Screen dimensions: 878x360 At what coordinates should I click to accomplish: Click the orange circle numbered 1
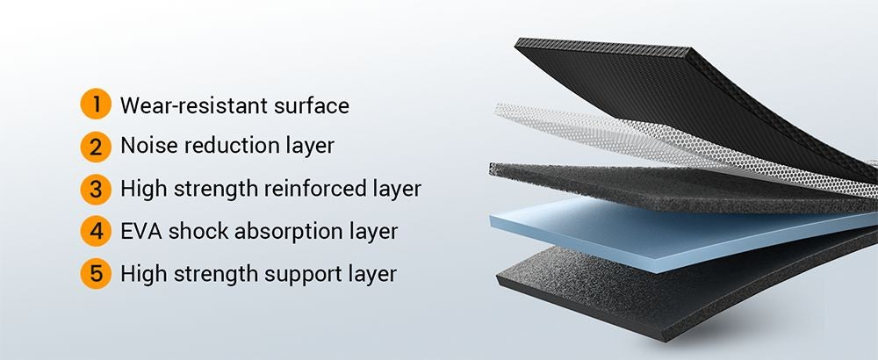[96, 104]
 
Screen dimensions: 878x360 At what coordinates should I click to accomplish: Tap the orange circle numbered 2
[96, 147]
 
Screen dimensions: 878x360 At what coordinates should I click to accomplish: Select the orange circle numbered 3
[96, 190]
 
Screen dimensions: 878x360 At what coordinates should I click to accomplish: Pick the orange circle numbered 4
[96, 231]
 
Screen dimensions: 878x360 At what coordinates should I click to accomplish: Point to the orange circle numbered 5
[96, 273]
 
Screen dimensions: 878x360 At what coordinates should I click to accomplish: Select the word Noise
[149, 146]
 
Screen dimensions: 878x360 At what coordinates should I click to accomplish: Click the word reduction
[236, 146]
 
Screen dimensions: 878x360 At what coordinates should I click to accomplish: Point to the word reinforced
[315, 189]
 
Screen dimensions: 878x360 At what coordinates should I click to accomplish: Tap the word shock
[198, 231]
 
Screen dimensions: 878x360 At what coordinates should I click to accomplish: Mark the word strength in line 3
[215, 189]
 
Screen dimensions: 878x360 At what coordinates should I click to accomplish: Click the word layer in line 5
[373, 275]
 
